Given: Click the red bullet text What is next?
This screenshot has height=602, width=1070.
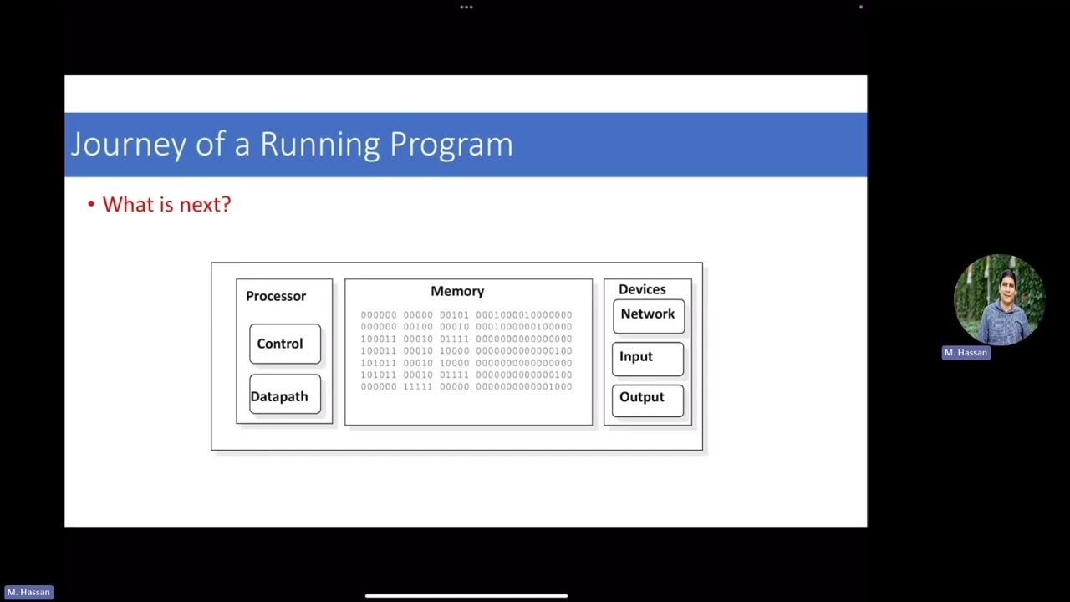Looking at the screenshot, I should pos(166,204).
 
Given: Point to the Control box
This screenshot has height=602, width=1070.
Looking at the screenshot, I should pos(284,344).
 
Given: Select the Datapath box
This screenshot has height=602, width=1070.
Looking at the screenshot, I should pos(284,395).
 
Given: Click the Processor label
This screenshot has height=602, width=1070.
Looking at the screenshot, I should pos(276,296).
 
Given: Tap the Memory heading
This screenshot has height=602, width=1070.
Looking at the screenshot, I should pos(457,291).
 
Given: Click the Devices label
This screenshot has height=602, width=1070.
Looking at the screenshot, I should pos(642,289).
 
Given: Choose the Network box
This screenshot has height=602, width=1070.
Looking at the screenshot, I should pos(648,315).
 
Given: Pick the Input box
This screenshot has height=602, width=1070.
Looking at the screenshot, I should pos(647,358).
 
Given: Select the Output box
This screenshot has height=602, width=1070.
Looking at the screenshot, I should pos(647,399).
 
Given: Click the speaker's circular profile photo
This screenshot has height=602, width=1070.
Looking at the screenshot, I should pos(999,299).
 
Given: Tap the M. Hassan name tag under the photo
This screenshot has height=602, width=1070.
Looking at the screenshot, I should pos(966,353).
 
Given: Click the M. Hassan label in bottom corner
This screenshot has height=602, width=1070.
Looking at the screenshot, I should pos(28,592).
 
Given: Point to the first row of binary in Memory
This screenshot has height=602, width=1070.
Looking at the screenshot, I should pos(466,315).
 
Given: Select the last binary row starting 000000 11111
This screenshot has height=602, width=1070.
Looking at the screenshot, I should pos(466,387).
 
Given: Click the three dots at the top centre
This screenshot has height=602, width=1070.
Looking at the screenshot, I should pos(466,7).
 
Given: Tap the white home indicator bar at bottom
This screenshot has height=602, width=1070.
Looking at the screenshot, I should pos(466,596).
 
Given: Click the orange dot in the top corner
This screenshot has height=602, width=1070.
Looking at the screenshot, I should pos(861,7).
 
